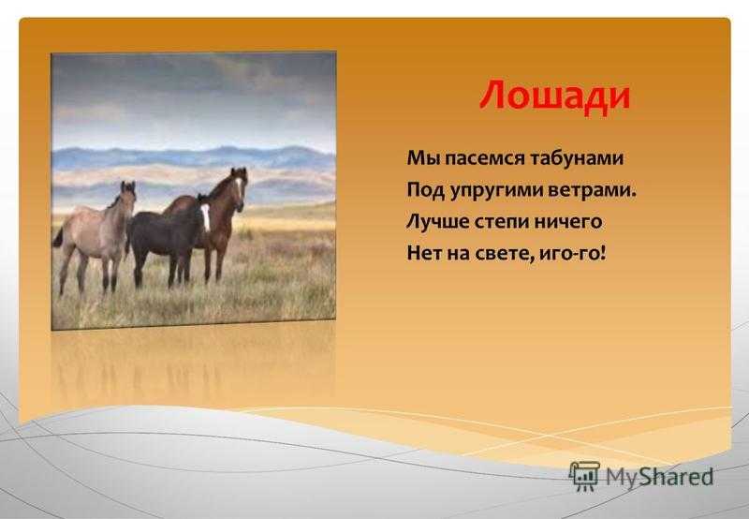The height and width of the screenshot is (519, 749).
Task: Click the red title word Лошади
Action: [x=555, y=96]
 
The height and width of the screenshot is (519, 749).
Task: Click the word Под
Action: [x=425, y=190]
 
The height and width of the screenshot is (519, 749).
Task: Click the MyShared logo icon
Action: [x=584, y=476]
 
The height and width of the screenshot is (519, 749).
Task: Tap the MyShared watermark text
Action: [x=660, y=476]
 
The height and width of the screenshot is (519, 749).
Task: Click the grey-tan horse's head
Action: [x=128, y=195]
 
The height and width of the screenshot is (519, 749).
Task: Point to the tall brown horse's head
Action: [x=239, y=186]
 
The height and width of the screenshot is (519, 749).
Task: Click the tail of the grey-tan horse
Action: [x=57, y=238]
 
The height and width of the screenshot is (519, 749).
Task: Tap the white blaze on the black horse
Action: [x=205, y=216]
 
